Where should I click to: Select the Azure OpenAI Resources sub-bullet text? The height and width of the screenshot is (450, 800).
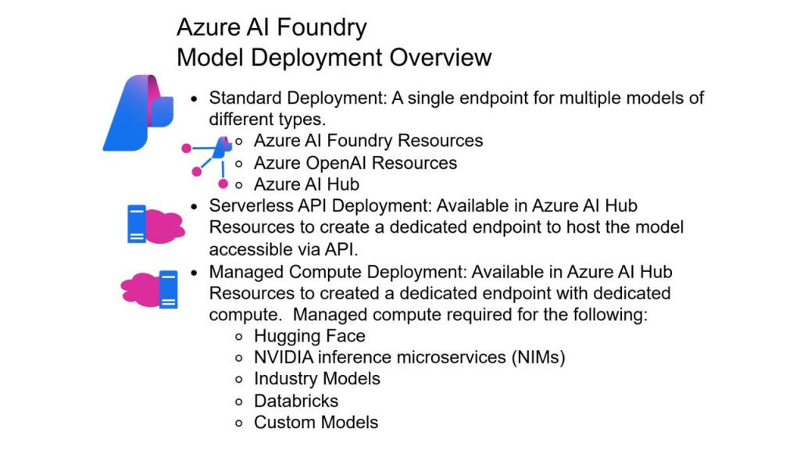[x=355, y=162]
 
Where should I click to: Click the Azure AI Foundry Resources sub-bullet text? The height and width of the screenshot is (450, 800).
[x=368, y=141]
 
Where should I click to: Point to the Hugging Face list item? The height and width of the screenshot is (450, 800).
[x=309, y=336]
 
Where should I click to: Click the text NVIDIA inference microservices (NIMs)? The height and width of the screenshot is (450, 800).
[x=409, y=357]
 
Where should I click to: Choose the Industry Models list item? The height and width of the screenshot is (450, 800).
[x=316, y=379]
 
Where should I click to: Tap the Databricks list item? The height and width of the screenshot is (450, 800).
[x=296, y=401]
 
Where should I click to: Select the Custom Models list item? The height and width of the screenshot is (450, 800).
[x=316, y=423]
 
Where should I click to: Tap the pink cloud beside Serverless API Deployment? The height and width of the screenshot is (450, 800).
[x=165, y=225]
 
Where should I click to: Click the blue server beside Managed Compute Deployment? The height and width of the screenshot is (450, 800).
[x=168, y=289]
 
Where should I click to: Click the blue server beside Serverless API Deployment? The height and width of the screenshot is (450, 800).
[x=136, y=223]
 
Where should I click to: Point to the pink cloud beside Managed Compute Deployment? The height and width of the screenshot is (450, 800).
[x=139, y=288]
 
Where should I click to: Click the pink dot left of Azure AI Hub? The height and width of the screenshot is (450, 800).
[x=223, y=184]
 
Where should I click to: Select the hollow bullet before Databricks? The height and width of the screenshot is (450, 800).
[x=240, y=401]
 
